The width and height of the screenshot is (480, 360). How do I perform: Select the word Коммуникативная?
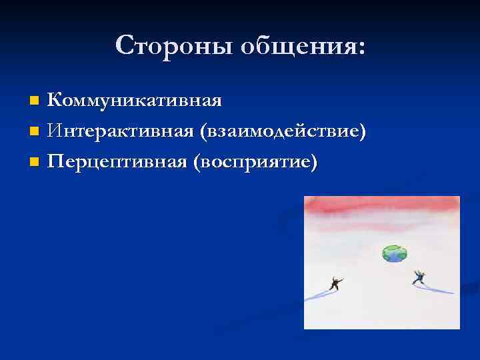[135, 101]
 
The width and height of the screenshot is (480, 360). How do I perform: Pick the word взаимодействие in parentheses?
[279, 132]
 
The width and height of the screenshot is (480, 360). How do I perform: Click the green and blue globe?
[394, 253]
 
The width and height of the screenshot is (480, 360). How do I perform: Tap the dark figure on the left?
[335, 283]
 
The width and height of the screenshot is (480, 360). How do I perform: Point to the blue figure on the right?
[419, 277]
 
